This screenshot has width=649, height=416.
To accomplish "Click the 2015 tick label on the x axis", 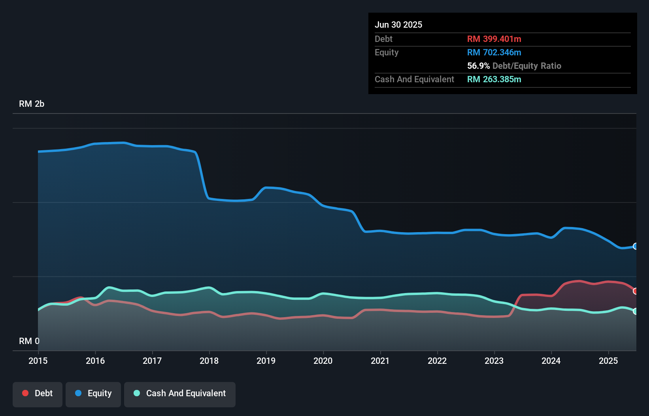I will [38, 361].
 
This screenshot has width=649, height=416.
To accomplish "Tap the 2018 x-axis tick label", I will [209, 361].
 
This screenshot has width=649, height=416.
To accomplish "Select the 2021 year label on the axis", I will [380, 361].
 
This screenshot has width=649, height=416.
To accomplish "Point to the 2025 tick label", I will [608, 361].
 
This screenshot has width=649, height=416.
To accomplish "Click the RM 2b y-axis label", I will [32, 104].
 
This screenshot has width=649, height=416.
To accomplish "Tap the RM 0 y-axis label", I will [29, 341].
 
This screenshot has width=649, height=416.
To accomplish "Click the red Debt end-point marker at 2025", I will [636, 291].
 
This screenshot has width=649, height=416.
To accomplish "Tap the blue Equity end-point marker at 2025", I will [636, 246].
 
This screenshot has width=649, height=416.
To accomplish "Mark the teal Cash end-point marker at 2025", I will [636, 311].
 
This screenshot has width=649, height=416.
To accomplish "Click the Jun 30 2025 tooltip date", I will [398, 25].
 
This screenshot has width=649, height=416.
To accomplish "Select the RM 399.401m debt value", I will [494, 39].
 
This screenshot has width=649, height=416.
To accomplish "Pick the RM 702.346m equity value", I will [494, 53].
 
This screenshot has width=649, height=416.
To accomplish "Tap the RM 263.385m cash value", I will [494, 79].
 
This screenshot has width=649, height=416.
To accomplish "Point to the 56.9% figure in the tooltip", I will [478, 66].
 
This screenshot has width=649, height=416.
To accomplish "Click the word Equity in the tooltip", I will [387, 53].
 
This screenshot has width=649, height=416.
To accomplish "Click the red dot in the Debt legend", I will [25, 393].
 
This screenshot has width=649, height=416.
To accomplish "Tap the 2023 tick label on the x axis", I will [494, 361].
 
